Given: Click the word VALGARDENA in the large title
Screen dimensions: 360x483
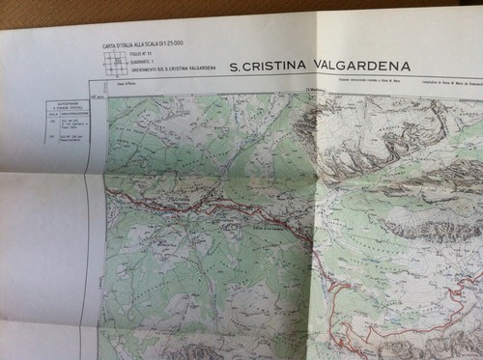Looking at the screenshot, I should [x=355, y=67].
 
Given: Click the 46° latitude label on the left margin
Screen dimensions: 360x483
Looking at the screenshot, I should [x=96, y=97].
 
